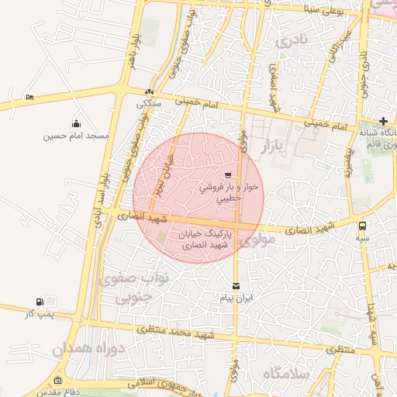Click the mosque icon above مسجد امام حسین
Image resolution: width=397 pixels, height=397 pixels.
(x=76, y=123)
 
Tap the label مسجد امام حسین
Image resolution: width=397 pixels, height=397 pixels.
(x=76, y=136)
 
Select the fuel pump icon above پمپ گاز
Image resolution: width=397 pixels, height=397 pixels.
(x=40, y=302)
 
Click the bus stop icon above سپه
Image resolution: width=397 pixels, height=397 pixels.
(x=362, y=226)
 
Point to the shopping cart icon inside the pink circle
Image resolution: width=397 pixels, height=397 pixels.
(x=227, y=174)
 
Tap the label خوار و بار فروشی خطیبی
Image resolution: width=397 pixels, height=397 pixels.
(x=227, y=192)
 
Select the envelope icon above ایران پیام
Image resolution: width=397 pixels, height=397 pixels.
(x=236, y=286)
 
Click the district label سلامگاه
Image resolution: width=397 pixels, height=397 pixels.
(x=286, y=375)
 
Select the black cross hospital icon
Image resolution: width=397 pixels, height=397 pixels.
(x=383, y=120)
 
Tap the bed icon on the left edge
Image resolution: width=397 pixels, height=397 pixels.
(x=29, y=97)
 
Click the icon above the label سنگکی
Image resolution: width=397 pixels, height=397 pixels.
(x=149, y=91)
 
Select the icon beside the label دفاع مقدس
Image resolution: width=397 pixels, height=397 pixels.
(x=59, y=380)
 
